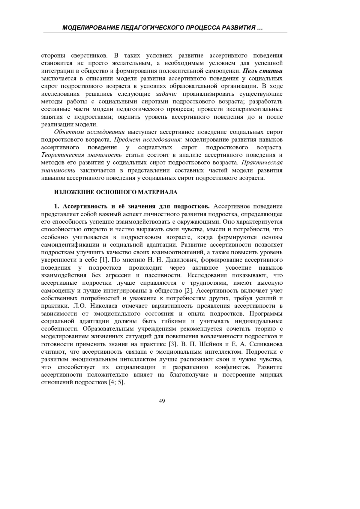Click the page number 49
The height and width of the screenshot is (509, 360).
[x=162, y=401]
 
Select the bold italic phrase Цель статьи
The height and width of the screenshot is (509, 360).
[x=262, y=71]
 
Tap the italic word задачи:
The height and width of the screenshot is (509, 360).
[x=167, y=94]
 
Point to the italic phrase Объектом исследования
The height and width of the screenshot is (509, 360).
[x=89, y=132]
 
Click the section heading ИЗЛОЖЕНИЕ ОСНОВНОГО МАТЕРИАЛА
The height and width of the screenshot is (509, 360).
[x=116, y=192]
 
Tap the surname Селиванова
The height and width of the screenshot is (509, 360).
[x=266, y=344]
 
